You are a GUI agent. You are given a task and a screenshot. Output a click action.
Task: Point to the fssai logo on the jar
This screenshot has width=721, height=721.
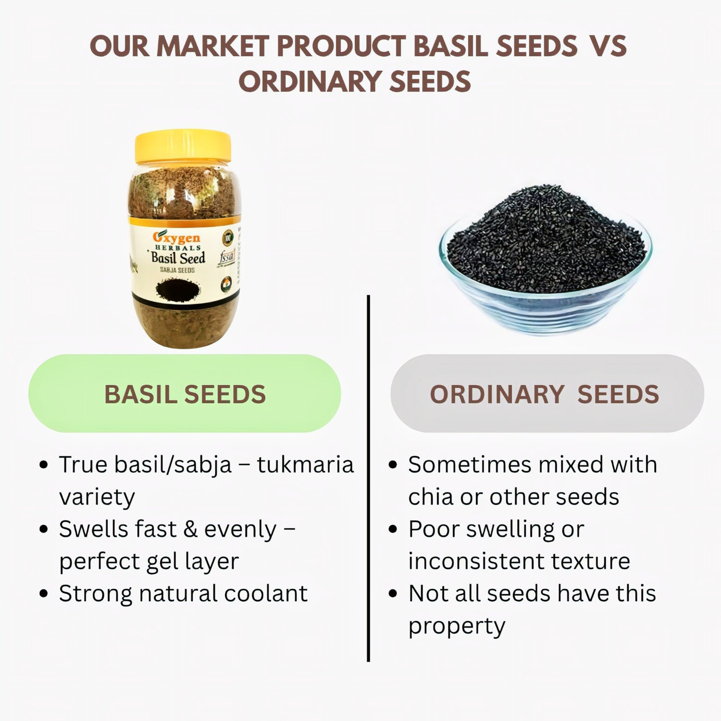coord(227,259)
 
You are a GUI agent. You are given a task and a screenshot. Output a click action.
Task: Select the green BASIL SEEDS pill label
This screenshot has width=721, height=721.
coord(185,394)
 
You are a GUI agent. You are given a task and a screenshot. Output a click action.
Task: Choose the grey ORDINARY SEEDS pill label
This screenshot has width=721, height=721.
coord(546,394)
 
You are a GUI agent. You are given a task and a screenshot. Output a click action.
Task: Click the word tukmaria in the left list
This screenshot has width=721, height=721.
coord(305,465)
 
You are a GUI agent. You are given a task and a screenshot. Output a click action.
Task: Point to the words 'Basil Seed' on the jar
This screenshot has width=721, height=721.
coord(178,258)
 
